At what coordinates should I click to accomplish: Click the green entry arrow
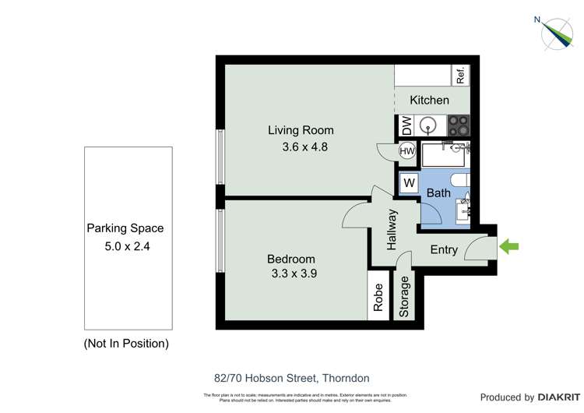[x=508, y=248]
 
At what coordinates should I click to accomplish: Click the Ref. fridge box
[x=460, y=76]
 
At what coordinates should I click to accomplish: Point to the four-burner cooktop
[x=459, y=125]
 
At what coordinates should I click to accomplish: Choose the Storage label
[x=404, y=298]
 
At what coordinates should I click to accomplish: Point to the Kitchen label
[x=429, y=100]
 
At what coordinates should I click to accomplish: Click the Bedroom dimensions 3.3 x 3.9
[x=291, y=274]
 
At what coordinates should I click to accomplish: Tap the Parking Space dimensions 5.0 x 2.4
[x=125, y=244]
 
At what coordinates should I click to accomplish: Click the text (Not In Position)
[x=125, y=343]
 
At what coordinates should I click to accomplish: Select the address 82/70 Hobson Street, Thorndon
[x=292, y=378]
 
